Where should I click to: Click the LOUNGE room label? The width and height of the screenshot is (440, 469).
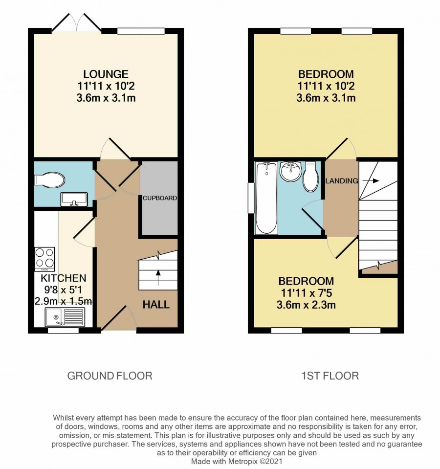(x=106, y=74)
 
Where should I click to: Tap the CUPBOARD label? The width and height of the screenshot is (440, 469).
(x=159, y=198)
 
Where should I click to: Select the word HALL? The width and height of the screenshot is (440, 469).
(x=156, y=305)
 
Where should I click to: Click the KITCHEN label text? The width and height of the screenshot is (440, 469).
(x=64, y=278)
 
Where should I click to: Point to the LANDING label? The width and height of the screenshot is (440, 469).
(x=342, y=180)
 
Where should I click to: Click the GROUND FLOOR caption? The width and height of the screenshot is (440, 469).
(x=110, y=376)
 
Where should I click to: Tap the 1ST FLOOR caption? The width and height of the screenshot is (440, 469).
(x=330, y=376)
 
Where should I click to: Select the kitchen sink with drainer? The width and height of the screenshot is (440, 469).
(x=65, y=317)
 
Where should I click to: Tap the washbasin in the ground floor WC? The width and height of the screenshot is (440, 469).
(x=74, y=199)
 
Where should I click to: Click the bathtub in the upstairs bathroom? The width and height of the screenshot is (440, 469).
(x=266, y=198)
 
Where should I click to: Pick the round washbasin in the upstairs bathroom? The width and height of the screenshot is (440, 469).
(x=290, y=171)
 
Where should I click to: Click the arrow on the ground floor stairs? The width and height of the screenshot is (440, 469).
(x=158, y=277)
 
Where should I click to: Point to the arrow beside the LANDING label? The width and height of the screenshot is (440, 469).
(x=371, y=180)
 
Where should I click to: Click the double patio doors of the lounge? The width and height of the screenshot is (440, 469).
(x=77, y=22)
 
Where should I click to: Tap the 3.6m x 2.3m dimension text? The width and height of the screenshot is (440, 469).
(x=306, y=305)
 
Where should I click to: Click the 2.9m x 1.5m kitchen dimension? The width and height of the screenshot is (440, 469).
(x=64, y=301)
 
